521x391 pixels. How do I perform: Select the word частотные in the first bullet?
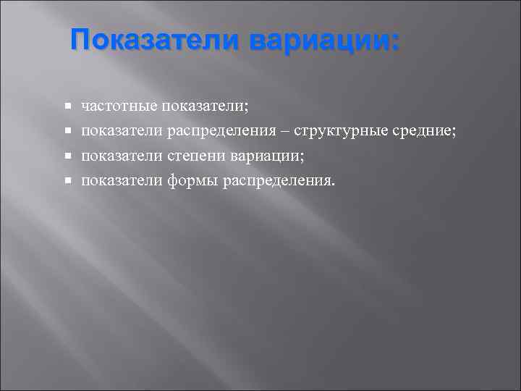(119, 106)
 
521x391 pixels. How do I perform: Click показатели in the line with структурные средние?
(122, 131)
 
